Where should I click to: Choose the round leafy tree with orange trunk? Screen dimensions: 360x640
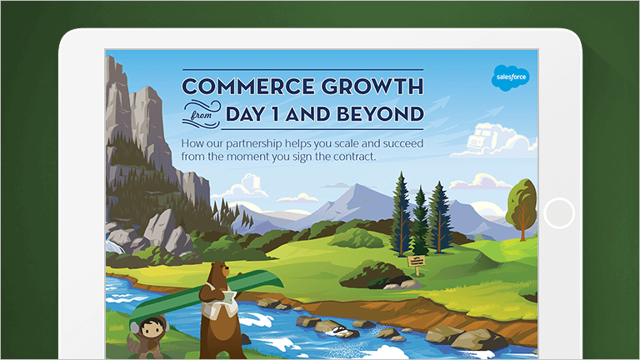point(522,203)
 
